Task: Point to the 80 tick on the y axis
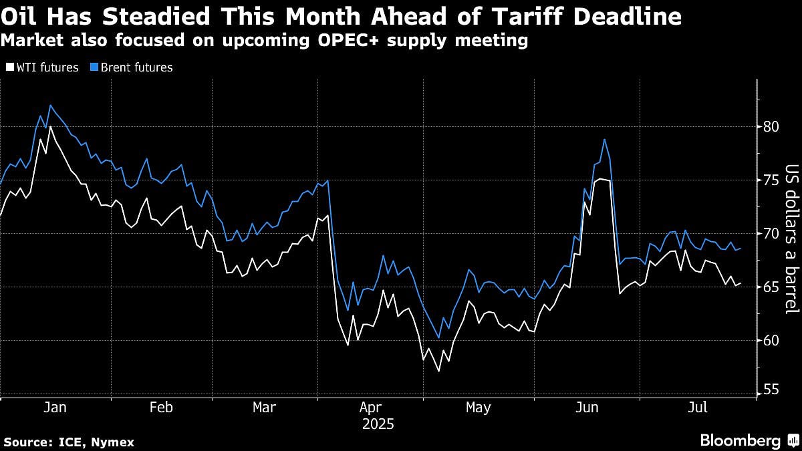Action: [771, 127]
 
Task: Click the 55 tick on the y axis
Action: [771, 388]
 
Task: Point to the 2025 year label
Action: [378, 424]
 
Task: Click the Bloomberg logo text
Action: [740, 441]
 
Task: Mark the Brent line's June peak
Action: [604, 139]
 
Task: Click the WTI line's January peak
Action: [51, 127]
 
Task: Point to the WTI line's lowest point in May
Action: [438, 371]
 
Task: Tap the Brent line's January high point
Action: [51, 105]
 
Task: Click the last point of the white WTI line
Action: [740, 283]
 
